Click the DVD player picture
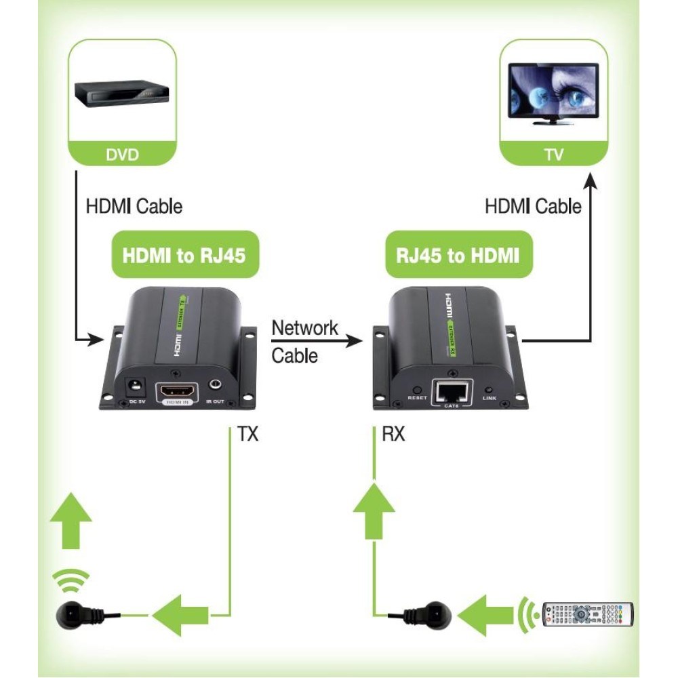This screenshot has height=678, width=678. pyautogui.click(x=121, y=94)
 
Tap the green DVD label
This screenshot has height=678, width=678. pyautogui.click(x=122, y=155)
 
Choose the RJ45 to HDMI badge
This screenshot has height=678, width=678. pyautogui.click(x=458, y=255)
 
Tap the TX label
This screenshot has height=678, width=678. pyautogui.click(x=247, y=435)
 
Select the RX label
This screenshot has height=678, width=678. pyautogui.click(x=393, y=435)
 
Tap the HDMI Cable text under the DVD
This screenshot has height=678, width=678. pyautogui.click(x=134, y=205)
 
